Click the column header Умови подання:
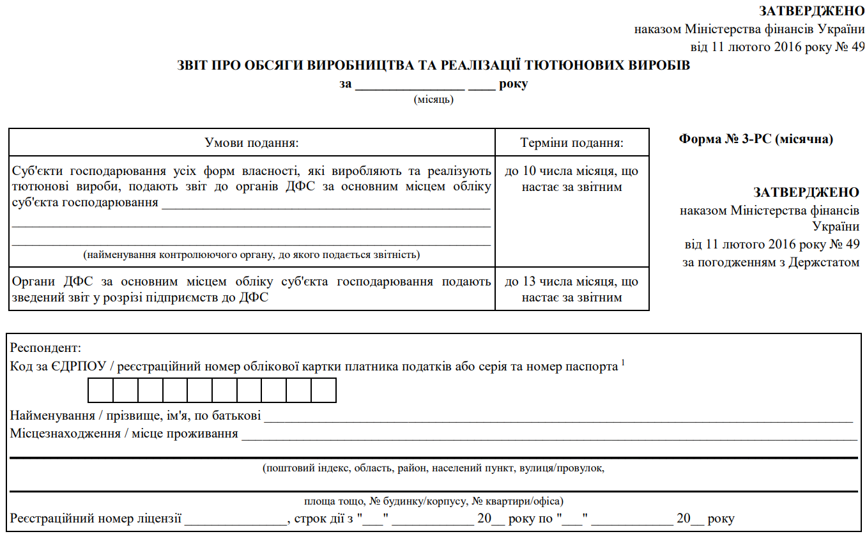[252, 142]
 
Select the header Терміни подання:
[572, 142]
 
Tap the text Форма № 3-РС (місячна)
[756, 139]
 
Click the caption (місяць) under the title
[434, 99]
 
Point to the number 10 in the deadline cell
[529, 171]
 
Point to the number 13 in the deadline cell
[529, 282]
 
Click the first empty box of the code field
[101, 390]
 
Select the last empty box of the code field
[323, 390]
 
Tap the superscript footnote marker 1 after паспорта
[623, 363]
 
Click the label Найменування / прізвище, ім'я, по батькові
[135, 416]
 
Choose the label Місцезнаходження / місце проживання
[124, 434]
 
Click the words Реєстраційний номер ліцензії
[96, 519]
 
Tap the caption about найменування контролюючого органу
[251, 255]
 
